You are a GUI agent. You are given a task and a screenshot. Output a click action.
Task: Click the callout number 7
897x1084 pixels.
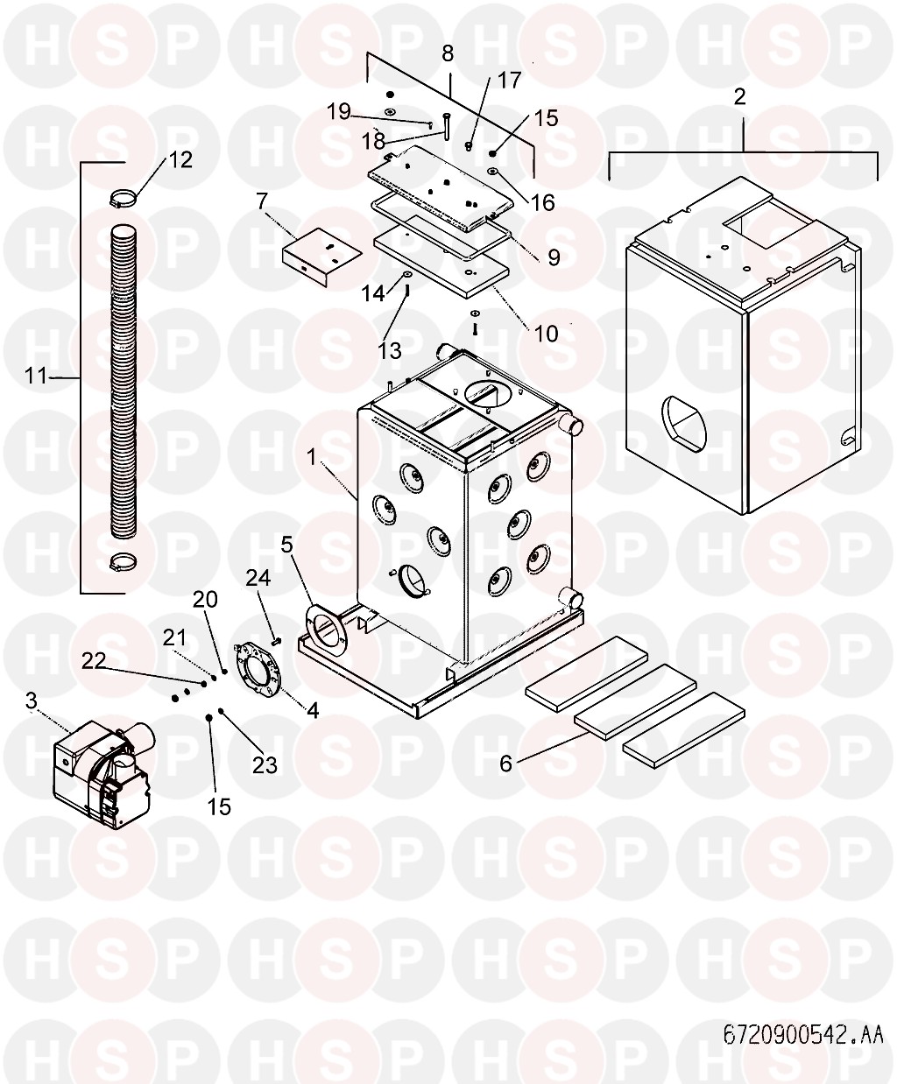(261, 200)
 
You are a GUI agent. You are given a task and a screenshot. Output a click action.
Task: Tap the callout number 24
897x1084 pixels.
(258, 577)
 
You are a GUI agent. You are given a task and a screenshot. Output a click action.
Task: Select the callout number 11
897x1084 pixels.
(36, 376)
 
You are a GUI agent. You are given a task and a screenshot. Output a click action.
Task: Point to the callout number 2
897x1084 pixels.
(739, 96)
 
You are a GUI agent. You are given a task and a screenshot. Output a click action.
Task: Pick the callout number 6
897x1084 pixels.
(505, 764)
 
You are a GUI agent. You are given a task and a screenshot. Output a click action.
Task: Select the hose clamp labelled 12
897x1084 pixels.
(124, 200)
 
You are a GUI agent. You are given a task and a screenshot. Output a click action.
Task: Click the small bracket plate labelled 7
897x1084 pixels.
(321, 256)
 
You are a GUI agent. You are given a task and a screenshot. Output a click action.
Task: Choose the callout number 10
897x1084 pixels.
(546, 334)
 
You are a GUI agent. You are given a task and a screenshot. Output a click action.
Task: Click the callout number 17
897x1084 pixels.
(509, 81)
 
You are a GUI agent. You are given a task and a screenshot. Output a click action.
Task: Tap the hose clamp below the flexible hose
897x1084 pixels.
(124, 562)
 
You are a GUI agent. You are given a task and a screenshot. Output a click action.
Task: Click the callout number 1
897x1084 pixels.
(312, 458)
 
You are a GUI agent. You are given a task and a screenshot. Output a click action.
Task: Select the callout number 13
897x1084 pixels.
(390, 351)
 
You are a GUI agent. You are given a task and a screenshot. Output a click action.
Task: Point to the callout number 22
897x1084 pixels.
(94, 661)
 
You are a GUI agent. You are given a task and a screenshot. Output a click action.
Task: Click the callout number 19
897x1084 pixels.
(339, 111)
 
